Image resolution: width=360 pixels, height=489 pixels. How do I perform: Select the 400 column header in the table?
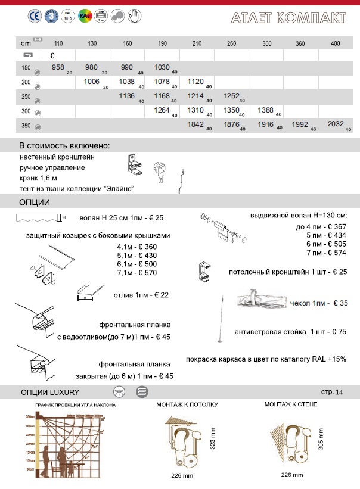pos(335,43)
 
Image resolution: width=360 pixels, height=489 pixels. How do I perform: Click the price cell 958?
pos(58,68)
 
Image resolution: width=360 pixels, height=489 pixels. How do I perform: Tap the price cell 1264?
pos(162,110)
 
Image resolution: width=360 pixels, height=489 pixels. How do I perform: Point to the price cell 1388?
pos(266,110)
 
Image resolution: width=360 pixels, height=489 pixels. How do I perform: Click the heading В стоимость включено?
pos(64,146)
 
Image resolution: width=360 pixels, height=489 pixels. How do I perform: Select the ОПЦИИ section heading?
pos(35,202)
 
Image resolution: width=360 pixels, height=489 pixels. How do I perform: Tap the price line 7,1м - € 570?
pos(141,273)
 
